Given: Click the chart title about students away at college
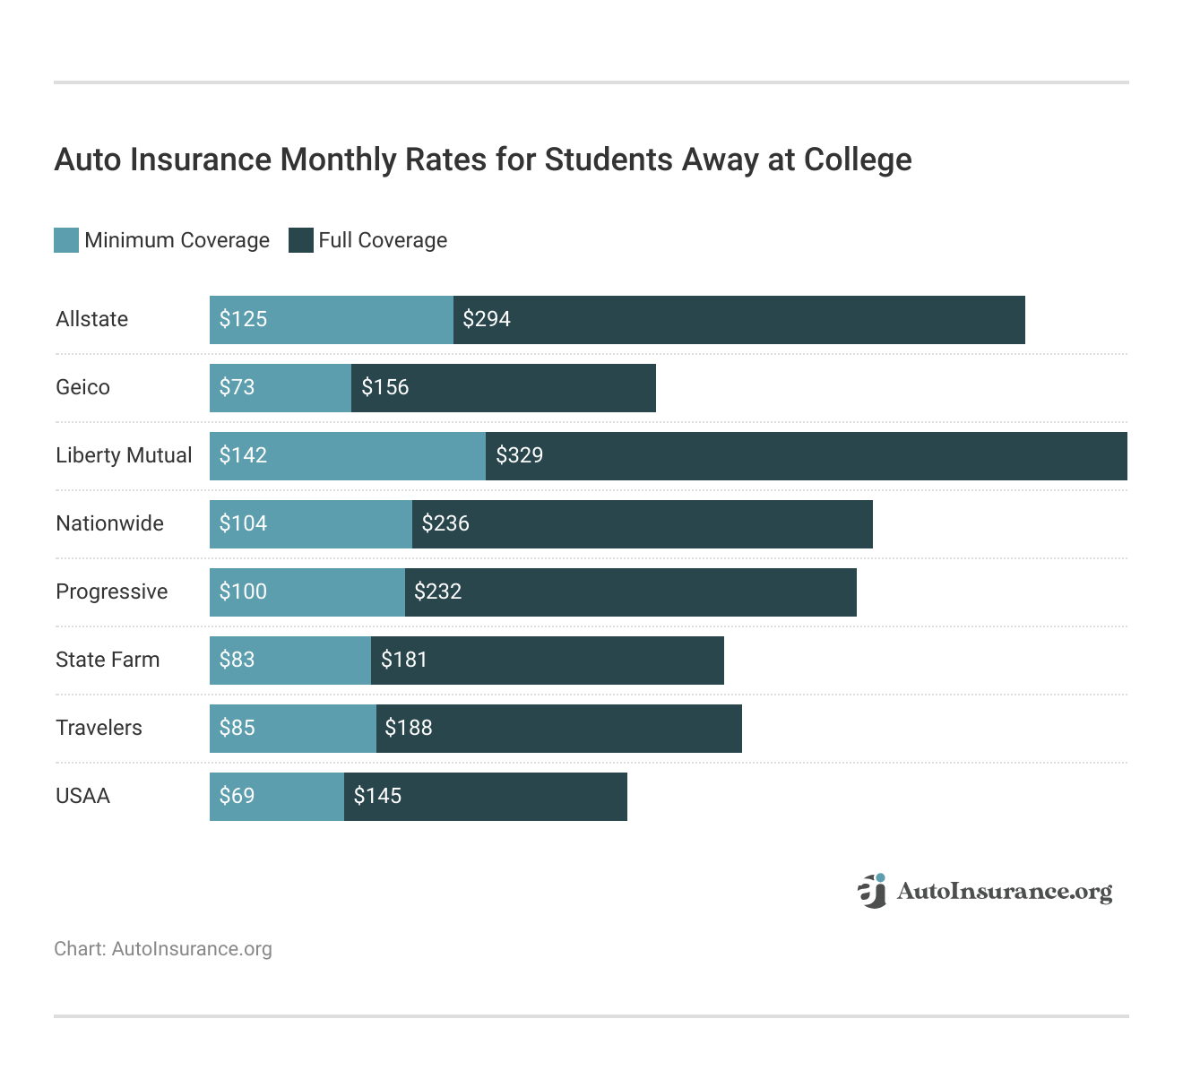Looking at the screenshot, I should tap(482, 160).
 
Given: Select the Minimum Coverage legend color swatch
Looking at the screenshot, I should tap(66, 240).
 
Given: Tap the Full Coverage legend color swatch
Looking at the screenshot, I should tap(300, 240).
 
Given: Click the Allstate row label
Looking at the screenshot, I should tap(91, 319).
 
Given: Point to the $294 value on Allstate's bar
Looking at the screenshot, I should tap(487, 319).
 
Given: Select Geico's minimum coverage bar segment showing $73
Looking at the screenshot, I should tap(281, 387).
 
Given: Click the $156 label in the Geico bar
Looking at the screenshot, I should tap(384, 387).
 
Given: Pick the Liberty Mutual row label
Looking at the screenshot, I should tap(124, 455).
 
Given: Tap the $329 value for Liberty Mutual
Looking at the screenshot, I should tap(520, 455).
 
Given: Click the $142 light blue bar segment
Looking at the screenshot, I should tap(348, 455).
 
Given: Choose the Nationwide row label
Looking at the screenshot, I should tap(109, 523).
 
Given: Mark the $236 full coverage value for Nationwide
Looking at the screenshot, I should tap(445, 523).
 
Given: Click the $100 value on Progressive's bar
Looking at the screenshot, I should tap(243, 591).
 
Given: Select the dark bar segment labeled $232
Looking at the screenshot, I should tap(630, 591).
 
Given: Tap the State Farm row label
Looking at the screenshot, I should tap(108, 660).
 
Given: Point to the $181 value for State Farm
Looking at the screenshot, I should tap(404, 660).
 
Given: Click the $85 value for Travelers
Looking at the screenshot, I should tap(237, 728).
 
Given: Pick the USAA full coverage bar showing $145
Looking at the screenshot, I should tap(485, 796).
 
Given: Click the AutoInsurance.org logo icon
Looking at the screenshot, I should tap(872, 891).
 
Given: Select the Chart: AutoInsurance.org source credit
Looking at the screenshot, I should tap(163, 949).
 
